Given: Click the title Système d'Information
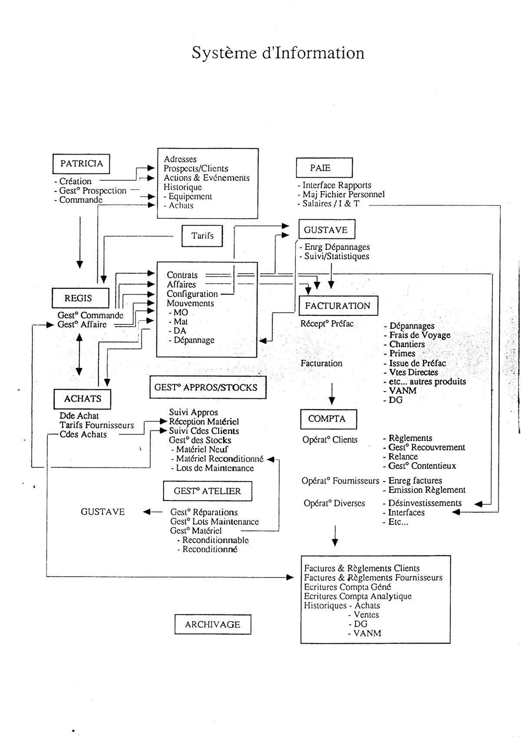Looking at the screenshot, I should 278,53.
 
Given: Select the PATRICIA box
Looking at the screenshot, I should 81,164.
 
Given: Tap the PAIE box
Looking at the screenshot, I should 324,168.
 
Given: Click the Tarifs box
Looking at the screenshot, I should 202,236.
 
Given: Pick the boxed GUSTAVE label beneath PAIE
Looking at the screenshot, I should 326,230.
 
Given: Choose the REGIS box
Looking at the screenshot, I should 79,298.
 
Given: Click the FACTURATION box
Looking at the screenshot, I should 338,306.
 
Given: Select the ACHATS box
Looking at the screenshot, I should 82,399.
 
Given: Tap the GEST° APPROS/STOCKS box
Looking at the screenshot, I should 206,387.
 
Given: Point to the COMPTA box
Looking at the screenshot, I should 328,419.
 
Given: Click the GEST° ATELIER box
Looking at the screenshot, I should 207,491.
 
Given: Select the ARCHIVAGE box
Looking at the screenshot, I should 212,625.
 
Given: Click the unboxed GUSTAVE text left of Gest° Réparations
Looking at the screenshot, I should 103,512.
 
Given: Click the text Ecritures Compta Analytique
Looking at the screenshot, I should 358,596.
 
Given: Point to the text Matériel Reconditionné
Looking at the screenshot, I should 220,459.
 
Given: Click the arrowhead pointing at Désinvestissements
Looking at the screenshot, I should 478,504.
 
